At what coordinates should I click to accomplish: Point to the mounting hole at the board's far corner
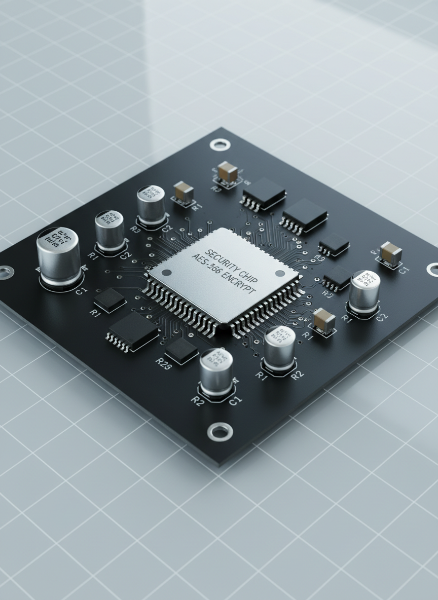pyautogui.click(x=219, y=145)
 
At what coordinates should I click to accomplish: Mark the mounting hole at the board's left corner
pyautogui.click(x=4, y=273)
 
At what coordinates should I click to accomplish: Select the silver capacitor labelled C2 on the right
pyautogui.click(x=364, y=293)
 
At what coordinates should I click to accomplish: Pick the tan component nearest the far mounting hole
pyautogui.click(x=228, y=172)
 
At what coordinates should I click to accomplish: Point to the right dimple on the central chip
pyautogui.click(x=279, y=273)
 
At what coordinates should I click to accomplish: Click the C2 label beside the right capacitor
pyautogui.click(x=382, y=318)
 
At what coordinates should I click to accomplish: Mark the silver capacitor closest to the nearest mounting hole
pyautogui.click(x=216, y=371)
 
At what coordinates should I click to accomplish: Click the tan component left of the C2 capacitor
pyautogui.click(x=323, y=321)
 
